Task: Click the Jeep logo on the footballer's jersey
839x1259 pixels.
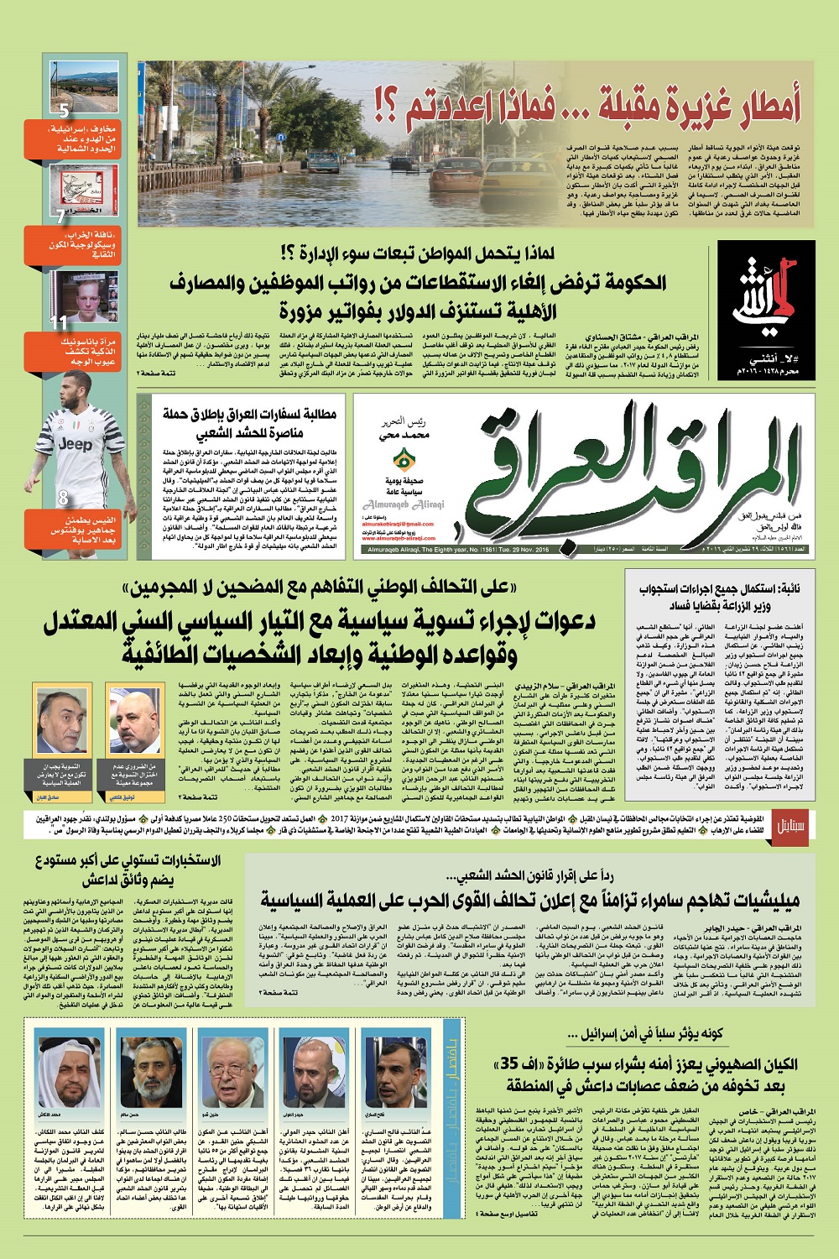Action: (76, 445)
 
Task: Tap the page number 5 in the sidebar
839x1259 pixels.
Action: (64, 110)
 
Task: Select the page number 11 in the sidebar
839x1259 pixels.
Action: (58, 322)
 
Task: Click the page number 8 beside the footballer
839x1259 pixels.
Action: (63, 498)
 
